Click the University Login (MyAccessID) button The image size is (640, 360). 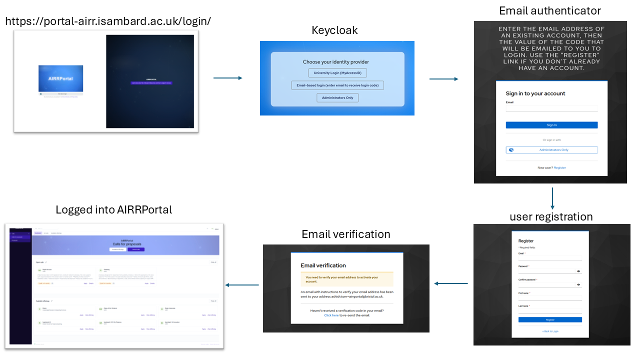337,73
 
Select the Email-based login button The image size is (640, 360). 337,85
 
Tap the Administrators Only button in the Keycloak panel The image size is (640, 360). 337,97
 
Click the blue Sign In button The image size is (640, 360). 551,125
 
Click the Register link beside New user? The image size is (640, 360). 560,167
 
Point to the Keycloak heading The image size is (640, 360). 334,30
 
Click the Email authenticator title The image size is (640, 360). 550,10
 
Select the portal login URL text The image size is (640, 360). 108,21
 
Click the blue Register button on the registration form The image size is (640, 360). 550,319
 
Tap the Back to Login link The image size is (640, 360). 550,331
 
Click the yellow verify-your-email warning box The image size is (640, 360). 346,279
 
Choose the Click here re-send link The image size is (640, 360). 331,315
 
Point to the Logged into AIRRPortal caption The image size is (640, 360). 114,210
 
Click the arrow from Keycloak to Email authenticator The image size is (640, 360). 443,79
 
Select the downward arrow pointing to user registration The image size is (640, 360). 552,198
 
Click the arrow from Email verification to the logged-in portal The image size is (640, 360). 242,285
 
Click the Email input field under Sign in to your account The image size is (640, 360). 551,108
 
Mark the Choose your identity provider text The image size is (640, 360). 336,62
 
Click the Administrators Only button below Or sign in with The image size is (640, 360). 551,150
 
